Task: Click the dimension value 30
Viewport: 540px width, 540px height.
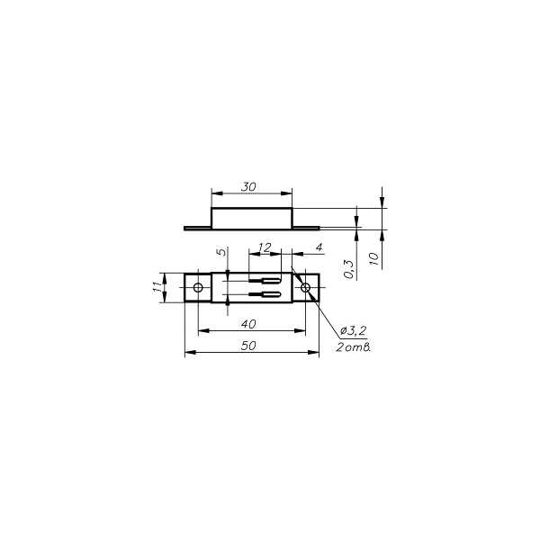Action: [248, 187]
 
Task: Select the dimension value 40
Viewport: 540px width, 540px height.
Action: [248, 324]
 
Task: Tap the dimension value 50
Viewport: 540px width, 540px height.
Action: [248, 346]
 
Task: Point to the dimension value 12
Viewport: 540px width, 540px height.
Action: [265, 247]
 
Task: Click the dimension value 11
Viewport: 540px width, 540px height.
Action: [157, 287]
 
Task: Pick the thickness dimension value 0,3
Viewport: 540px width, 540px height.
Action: [349, 269]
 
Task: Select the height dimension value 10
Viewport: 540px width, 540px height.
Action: [374, 258]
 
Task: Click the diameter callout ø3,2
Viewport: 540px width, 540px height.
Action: [353, 331]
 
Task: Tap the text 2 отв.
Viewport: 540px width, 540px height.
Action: [354, 347]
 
